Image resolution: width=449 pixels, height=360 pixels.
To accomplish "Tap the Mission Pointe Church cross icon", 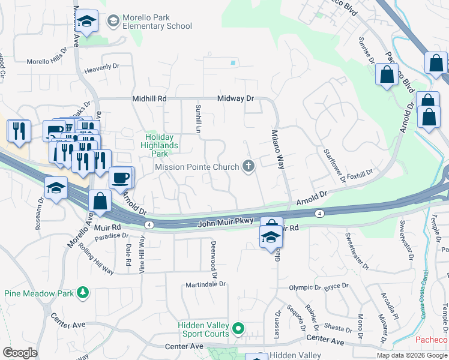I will [x=249, y=167].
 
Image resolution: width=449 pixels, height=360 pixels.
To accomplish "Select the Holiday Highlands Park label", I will [x=160, y=145].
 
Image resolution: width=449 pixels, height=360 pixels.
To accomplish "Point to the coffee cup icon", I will [x=121, y=178].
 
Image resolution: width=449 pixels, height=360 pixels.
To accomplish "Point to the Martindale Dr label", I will [x=205, y=284].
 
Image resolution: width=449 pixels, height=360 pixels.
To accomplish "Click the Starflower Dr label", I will [x=334, y=164].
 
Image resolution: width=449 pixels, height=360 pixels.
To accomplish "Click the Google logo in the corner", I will [x=19, y=353].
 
